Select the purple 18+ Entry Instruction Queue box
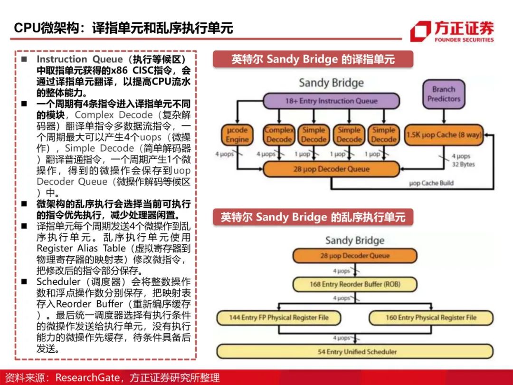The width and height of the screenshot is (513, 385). coord(331,101)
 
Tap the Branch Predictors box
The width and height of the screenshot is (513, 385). coord(444,94)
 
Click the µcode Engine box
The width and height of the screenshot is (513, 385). coord(237,135)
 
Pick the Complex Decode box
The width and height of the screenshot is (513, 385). coord(279,135)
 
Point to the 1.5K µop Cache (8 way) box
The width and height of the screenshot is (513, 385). coord(444,135)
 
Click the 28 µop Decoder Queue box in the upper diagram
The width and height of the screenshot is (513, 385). coord(331,169)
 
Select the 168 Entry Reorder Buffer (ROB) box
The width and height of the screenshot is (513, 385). coord(354,284)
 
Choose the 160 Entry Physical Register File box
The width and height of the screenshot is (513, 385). coord(431,318)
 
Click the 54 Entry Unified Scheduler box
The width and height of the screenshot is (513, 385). coord(354,352)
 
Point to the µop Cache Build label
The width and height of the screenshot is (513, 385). coord(431,183)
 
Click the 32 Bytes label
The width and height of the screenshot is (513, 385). coord(463,164)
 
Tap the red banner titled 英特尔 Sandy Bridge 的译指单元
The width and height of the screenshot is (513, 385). coord(313,59)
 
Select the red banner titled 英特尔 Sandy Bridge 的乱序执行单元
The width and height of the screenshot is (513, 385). coord(313,217)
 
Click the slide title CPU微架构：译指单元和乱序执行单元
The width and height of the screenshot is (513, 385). coord(123,28)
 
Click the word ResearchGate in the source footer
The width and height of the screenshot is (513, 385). coord(87,377)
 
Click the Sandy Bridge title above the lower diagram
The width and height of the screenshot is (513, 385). coord(354,240)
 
